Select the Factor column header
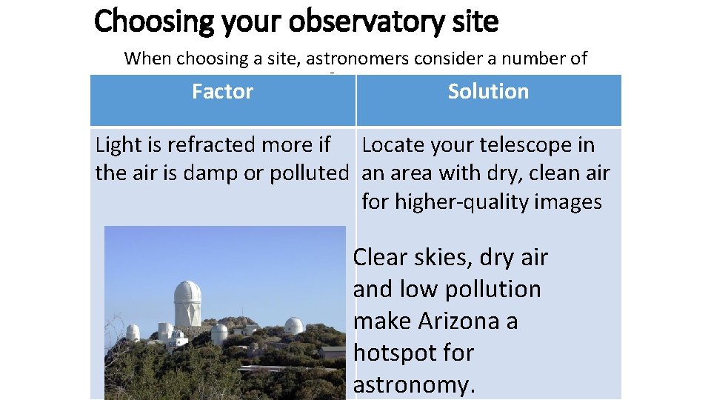(x=222, y=92)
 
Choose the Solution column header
(x=488, y=92)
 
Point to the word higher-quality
(x=453, y=202)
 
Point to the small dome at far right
(x=294, y=325)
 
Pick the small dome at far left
(x=133, y=332)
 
